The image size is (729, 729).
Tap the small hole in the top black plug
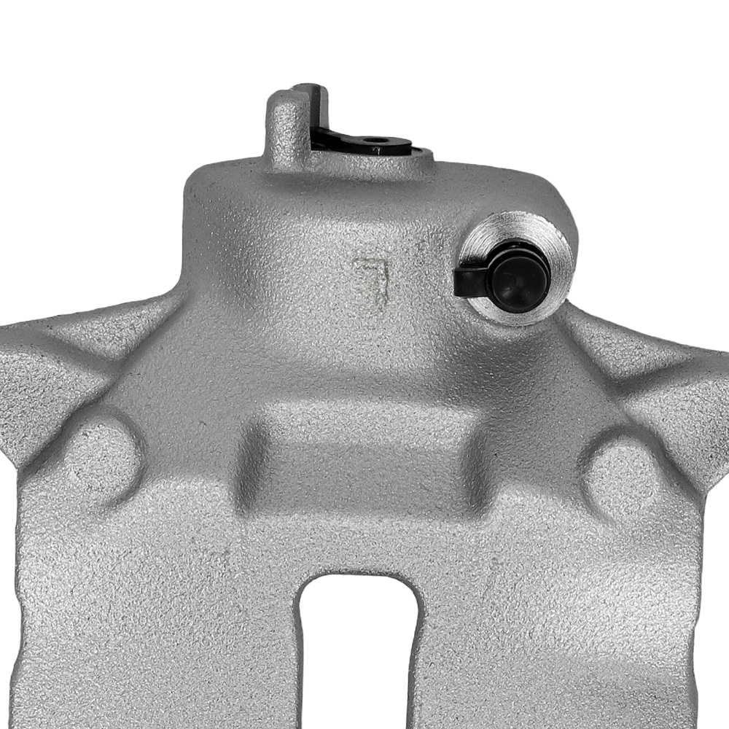coord(377,141)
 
